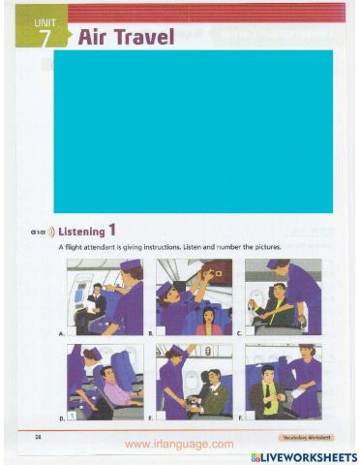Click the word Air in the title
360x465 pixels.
pos(93,38)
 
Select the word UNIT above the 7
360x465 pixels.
pos(45,21)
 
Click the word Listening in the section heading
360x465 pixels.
pos(80,232)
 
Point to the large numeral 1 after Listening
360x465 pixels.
pos(112,231)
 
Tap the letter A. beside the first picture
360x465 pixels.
pos(62,332)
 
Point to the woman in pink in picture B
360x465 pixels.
pos(208,320)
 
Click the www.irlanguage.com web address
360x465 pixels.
pos(179,444)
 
